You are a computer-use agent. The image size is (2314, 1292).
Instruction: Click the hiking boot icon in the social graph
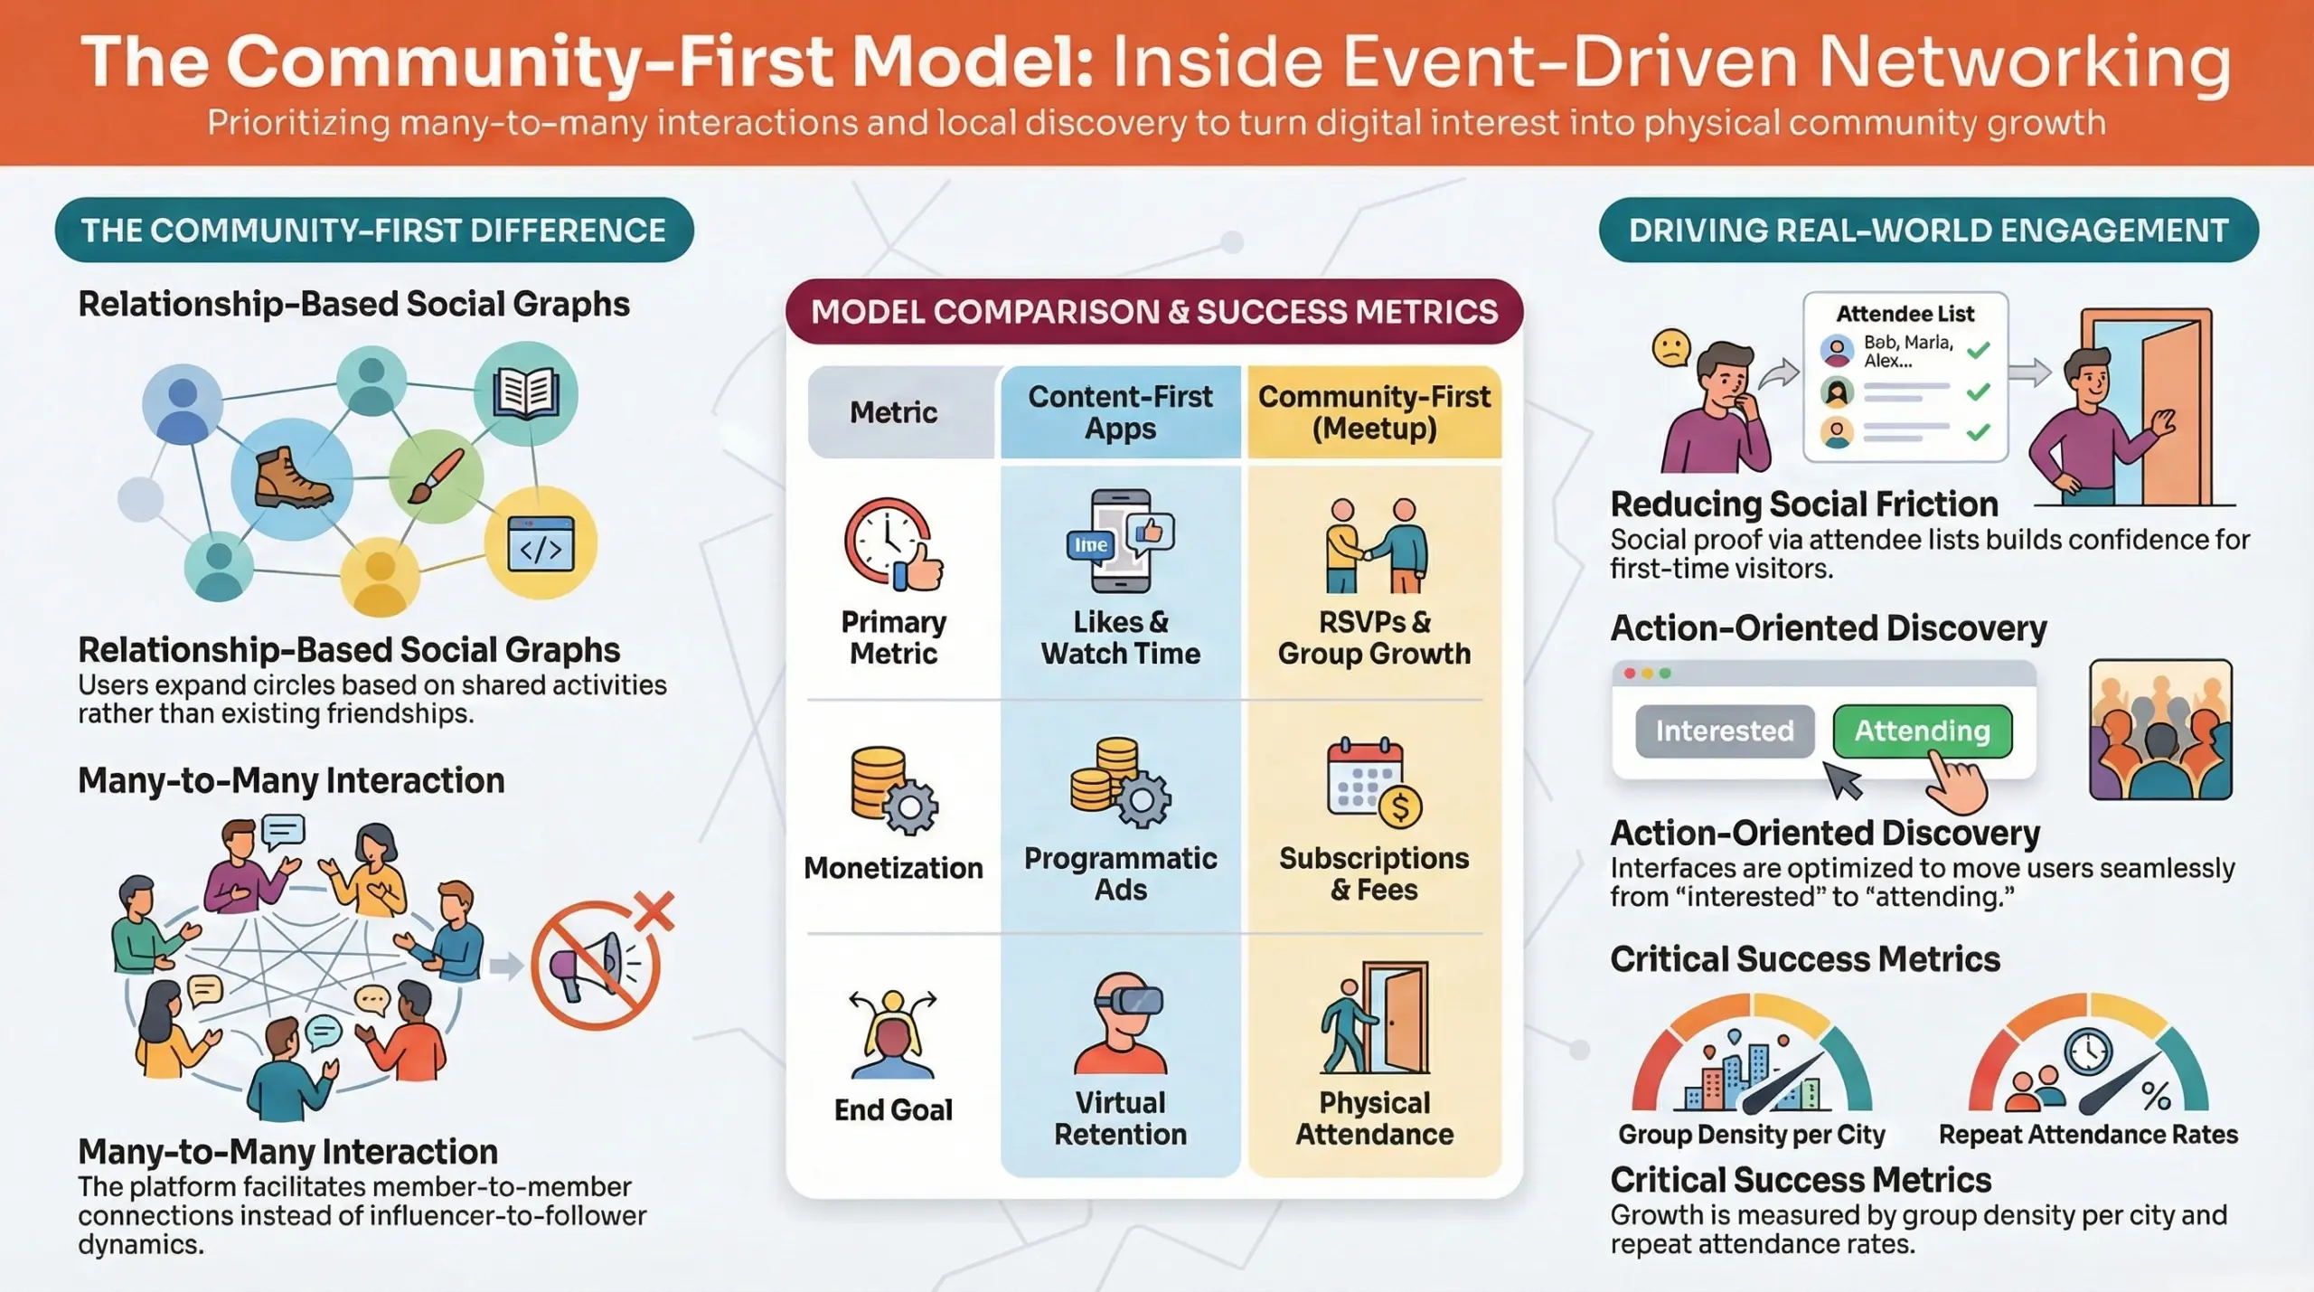point(292,478)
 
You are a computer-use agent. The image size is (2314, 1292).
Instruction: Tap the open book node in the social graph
point(525,394)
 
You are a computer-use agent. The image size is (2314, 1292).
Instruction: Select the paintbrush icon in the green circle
point(436,476)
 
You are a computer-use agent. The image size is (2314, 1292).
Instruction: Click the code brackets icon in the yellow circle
point(541,543)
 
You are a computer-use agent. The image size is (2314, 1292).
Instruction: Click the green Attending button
point(1922,731)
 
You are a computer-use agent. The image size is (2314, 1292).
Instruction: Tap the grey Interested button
point(1724,731)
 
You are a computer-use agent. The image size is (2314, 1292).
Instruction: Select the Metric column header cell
point(894,412)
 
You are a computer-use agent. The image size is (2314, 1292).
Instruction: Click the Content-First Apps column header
point(1120,412)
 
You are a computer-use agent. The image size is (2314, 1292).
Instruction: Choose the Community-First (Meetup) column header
point(1374,412)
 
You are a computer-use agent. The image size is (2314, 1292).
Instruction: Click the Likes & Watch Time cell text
point(1120,637)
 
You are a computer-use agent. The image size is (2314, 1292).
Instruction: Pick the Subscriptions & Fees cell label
point(1374,873)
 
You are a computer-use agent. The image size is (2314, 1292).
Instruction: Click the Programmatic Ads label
point(1120,873)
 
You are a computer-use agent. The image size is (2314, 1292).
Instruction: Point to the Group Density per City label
point(1751,1135)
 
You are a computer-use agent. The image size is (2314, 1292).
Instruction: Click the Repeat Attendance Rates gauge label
point(2088,1135)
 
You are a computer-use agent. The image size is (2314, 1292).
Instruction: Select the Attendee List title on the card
point(1905,314)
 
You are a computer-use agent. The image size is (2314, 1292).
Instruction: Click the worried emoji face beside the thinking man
point(1670,348)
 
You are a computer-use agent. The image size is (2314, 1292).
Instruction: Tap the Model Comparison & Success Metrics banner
point(1154,312)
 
